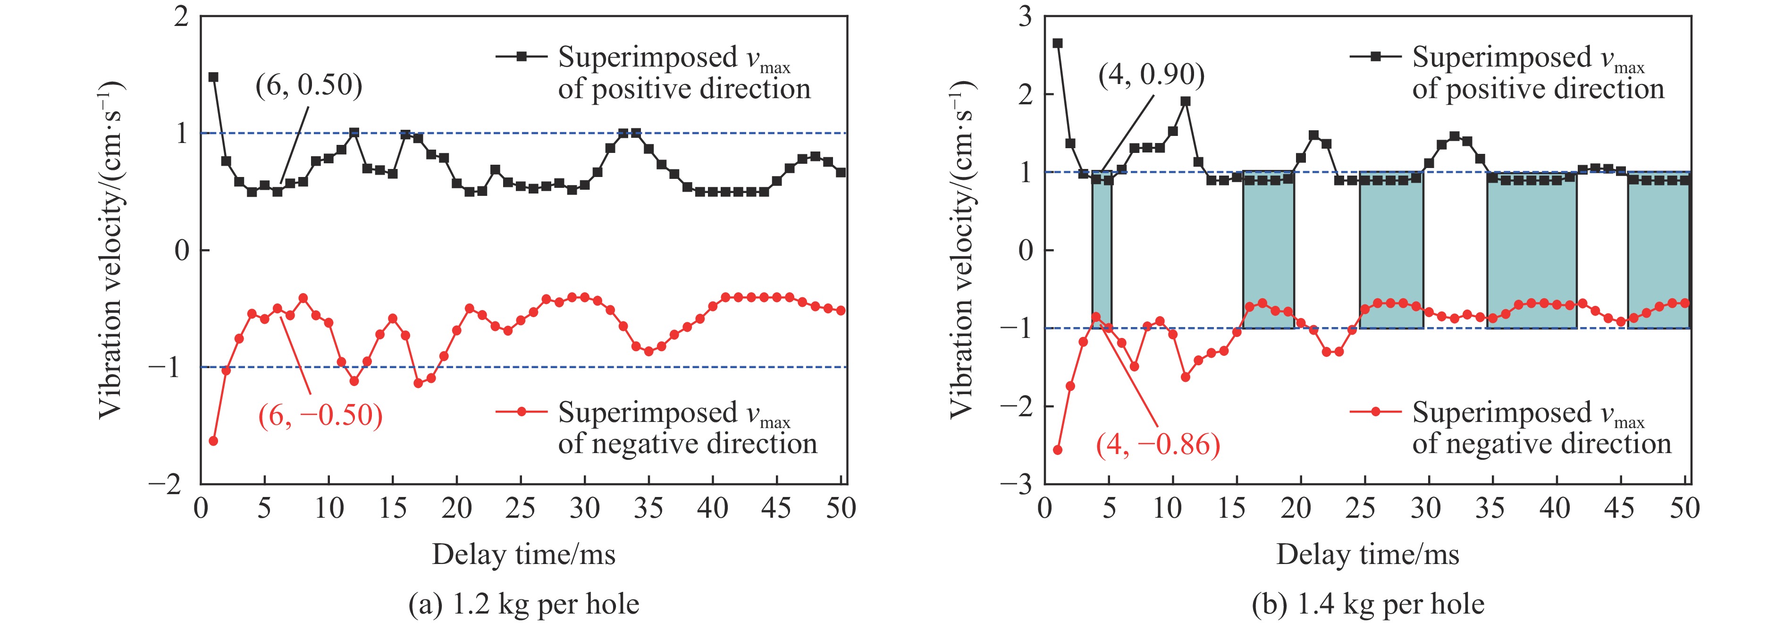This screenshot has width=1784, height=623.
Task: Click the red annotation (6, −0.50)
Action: coord(320,415)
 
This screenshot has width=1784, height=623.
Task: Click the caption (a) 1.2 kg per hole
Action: coord(523,604)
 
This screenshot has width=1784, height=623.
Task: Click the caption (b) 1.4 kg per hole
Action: coord(1368,604)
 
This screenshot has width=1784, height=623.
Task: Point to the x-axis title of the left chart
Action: coord(523,555)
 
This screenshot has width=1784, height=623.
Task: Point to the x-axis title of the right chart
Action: coord(1368,555)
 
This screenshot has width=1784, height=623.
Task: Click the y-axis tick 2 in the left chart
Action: coord(181,17)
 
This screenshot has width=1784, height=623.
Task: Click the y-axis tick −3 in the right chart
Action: coord(1017,484)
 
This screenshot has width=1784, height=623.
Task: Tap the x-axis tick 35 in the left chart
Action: coord(648,509)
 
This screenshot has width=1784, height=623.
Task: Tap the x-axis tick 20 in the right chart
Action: coord(1295,509)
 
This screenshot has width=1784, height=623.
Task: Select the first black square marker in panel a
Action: coord(213,77)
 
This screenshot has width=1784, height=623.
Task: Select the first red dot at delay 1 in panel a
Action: coord(213,441)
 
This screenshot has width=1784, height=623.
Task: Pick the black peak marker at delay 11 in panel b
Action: coord(1186,101)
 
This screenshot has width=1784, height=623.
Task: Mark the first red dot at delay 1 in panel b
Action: coord(1058,450)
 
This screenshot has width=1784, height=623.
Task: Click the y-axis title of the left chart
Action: coord(111,249)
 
